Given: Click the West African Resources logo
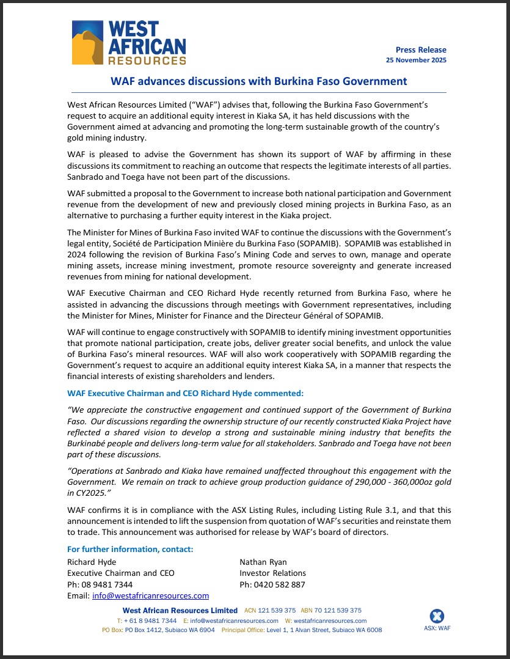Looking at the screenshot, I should coord(129,42).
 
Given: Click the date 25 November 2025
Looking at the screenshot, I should coord(416,60).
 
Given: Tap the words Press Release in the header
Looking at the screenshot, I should coord(421,50).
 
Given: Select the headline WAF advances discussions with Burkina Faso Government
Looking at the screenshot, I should coord(258,81).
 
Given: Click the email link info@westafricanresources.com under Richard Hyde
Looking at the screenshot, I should coord(150,595).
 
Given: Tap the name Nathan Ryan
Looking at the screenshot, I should coord(263,562).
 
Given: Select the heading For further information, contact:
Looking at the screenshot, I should coord(130,549).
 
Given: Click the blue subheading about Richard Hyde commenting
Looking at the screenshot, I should coord(185,393).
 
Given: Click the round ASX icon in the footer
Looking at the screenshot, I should coord(437,616).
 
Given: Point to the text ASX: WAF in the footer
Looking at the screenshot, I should coord(437,628).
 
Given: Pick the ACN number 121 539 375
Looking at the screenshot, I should coord(277,610).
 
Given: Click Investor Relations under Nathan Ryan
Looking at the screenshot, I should coord(272,573).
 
